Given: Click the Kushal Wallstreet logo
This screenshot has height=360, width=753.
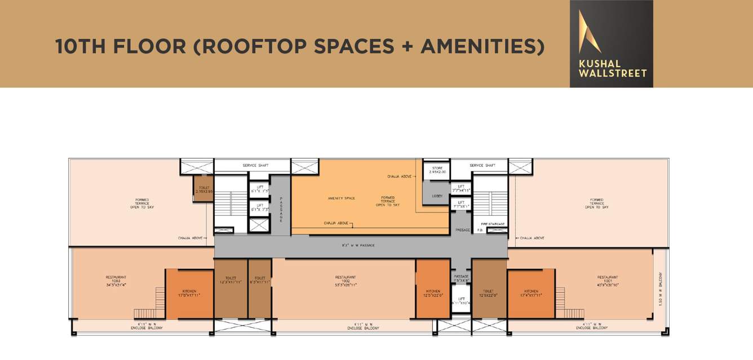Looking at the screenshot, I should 612,43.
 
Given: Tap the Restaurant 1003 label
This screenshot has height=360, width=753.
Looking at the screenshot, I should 116,281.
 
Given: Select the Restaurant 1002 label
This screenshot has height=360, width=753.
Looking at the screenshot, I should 346,281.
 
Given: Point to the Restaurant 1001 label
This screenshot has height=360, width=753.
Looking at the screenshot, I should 608,281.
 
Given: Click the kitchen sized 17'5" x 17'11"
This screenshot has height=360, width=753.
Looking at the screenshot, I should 189,293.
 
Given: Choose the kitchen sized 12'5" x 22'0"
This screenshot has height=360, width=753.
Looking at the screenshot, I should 432,293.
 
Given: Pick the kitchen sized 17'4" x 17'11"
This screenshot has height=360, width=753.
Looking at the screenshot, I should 530,293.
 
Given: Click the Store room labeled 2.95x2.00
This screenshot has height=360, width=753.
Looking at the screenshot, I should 437,170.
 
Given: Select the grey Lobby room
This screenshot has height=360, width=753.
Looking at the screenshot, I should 437,196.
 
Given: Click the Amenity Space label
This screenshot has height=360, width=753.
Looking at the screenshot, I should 342,198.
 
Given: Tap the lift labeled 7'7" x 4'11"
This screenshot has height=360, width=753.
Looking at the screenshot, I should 460,188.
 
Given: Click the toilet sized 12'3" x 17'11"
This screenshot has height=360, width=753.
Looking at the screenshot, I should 231,280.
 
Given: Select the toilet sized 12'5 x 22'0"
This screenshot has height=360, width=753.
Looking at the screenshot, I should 488,293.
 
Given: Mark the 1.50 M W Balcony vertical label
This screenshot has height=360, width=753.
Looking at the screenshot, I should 660,290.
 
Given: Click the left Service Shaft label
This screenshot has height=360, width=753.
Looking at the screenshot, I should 255,166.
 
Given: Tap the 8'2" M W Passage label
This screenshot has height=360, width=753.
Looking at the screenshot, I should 358,246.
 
